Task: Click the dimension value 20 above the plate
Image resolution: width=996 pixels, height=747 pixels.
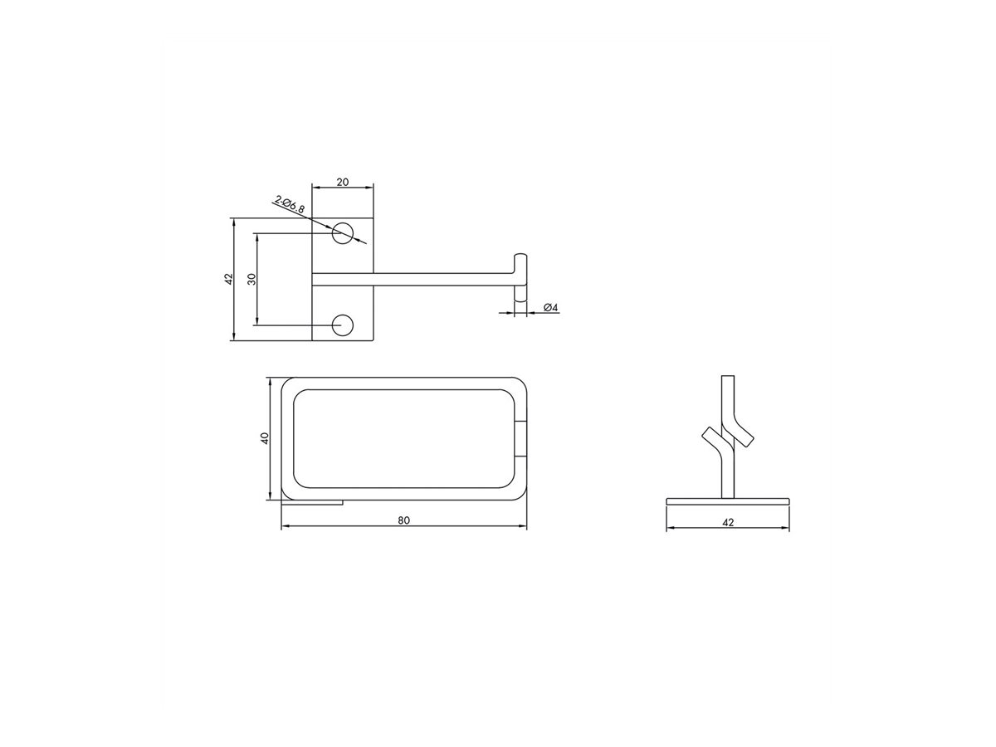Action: tap(343, 182)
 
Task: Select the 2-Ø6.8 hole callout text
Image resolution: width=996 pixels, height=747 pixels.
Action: tap(290, 204)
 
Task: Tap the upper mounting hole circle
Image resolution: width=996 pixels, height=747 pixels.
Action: tap(343, 233)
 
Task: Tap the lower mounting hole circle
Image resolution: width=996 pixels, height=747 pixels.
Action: tap(343, 325)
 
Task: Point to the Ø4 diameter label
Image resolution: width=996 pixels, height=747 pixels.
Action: tap(550, 307)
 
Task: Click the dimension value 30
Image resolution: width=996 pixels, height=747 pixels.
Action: tap(252, 279)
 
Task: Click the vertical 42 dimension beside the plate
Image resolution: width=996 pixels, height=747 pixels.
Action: tap(229, 279)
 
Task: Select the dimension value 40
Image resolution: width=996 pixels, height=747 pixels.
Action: tap(265, 438)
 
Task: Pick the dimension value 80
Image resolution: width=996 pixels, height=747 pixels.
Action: tap(403, 520)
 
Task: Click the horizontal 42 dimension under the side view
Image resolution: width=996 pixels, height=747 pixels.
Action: tap(727, 523)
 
